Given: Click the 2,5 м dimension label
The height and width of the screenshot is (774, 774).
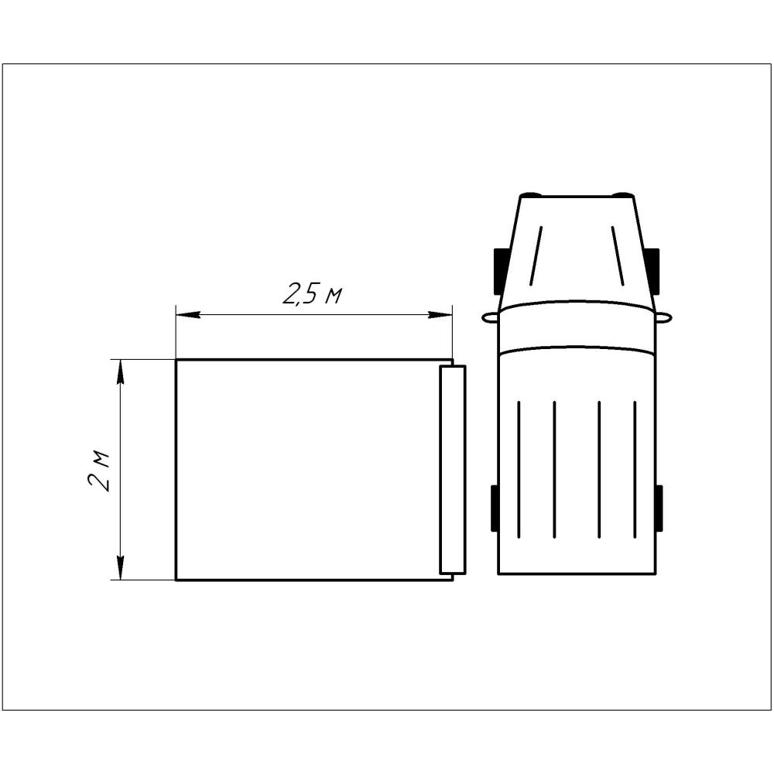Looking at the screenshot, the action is pyautogui.click(x=312, y=293).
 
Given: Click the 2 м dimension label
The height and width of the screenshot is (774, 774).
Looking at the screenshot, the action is pyautogui.click(x=98, y=470).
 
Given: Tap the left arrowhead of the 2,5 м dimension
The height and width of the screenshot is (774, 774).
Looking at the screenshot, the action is pyautogui.click(x=188, y=314).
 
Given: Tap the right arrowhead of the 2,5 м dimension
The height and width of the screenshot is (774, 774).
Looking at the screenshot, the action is pyautogui.click(x=440, y=314).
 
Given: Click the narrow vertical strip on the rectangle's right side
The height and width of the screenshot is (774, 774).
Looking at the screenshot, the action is pyautogui.click(x=453, y=470).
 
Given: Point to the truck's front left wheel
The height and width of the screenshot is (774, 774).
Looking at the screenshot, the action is pyautogui.click(x=500, y=271).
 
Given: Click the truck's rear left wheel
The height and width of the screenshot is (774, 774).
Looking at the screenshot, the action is pyautogui.click(x=494, y=508).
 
